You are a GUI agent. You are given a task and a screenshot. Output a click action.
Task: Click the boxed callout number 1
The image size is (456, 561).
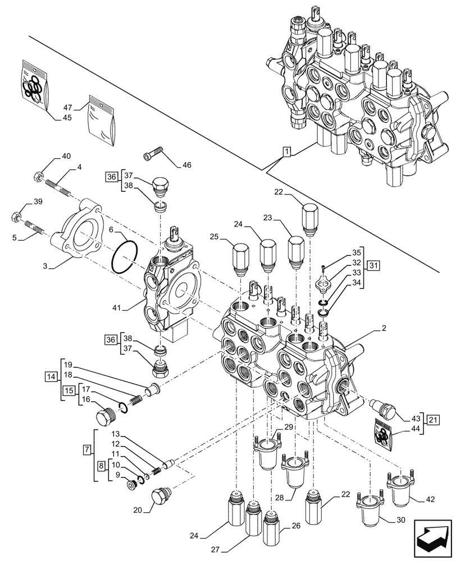click(x=286, y=151)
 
